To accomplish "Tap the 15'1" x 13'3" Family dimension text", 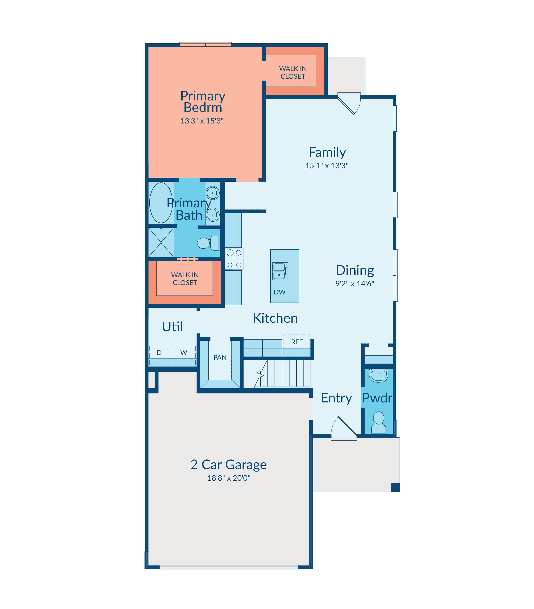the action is pyautogui.click(x=327, y=166).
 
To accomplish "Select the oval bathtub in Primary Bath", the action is pyautogui.click(x=161, y=203).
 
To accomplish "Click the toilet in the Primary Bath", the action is pyautogui.click(x=208, y=243).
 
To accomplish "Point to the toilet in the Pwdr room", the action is pyautogui.click(x=378, y=423).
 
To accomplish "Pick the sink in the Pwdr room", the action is pyautogui.click(x=378, y=375).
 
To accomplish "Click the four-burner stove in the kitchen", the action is pyautogui.click(x=234, y=259).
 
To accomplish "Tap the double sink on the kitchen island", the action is pyautogui.click(x=280, y=271).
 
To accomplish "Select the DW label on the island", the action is pyautogui.click(x=280, y=292).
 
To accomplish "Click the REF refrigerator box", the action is pyautogui.click(x=297, y=344).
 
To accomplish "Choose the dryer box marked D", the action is pyautogui.click(x=160, y=355).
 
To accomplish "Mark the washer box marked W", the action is pyautogui.click(x=185, y=355).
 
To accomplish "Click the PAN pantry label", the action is pyautogui.click(x=220, y=357).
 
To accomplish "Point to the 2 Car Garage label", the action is pyautogui.click(x=228, y=465).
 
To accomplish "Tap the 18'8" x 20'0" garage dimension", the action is pyautogui.click(x=229, y=478).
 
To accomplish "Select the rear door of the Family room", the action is pyautogui.click(x=349, y=103).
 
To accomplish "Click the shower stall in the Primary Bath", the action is pyautogui.click(x=161, y=242).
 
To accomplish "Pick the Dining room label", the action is pyautogui.click(x=355, y=270).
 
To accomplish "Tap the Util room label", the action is pyautogui.click(x=172, y=327).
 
